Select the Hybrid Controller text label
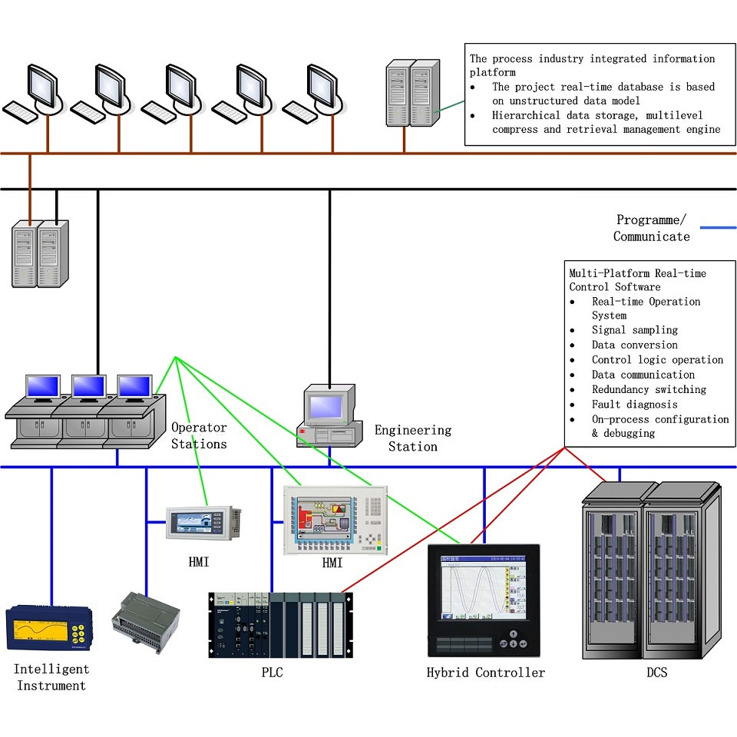[485, 673]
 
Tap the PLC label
[273, 673]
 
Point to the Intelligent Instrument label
[51, 677]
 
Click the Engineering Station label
[413, 438]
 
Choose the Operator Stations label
[199, 435]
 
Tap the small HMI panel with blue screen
[204, 522]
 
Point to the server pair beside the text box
[410, 94]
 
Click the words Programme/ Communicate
[651, 228]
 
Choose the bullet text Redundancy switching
[649, 389]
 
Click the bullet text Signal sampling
[634, 329]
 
